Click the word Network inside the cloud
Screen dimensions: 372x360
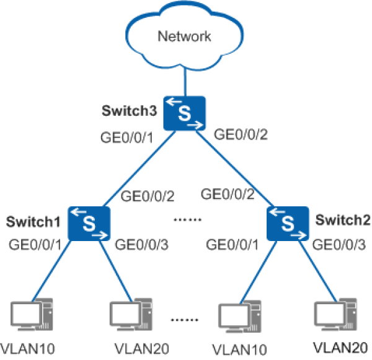pyautogui.click(x=184, y=37)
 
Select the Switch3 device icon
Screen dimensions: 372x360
pyautogui.click(x=185, y=113)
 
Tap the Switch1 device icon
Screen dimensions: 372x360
pyautogui.click(x=89, y=224)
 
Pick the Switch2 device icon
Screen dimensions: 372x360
pyautogui.click(x=288, y=224)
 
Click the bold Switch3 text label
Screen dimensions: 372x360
pyautogui.click(x=130, y=110)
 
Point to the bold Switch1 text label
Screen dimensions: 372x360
pyautogui.click(x=33, y=222)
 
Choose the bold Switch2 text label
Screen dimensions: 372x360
pyautogui.click(x=343, y=220)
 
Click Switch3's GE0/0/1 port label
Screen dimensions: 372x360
pyautogui.click(x=127, y=138)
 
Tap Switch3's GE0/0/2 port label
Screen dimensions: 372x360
pyautogui.click(x=241, y=134)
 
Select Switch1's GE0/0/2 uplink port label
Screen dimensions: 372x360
pyautogui.click(x=148, y=196)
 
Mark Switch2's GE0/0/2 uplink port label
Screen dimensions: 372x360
pyautogui.click(x=228, y=194)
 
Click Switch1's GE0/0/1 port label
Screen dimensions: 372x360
pyautogui.click(x=35, y=245)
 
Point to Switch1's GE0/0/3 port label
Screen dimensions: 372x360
pyautogui.click(x=141, y=245)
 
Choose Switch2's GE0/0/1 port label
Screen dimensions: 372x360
pyautogui.click(x=232, y=245)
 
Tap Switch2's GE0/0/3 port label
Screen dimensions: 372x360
pyautogui.click(x=339, y=245)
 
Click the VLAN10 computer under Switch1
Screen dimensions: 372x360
pyautogui.click(x=32, y=315)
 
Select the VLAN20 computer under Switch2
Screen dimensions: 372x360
pyautogui.click(x=335, y=315)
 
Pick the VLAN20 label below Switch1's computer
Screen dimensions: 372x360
pyautogui.click(x=141, y=349)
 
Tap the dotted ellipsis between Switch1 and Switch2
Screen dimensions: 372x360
pyautogui.click(x=187, y=220)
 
